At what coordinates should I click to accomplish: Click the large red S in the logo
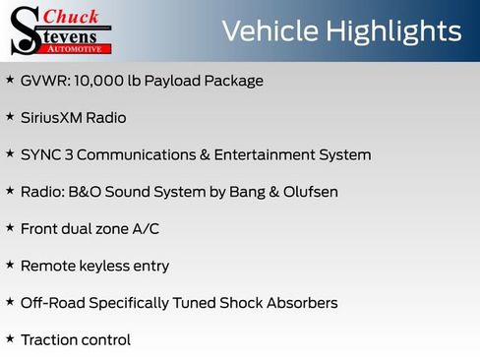pos(23,30)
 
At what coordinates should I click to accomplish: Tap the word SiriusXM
pos(54,118)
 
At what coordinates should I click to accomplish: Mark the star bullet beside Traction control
pos(10,338)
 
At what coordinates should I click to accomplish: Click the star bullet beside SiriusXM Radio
pos(10,116)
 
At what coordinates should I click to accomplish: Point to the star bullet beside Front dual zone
pos(10,227)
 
